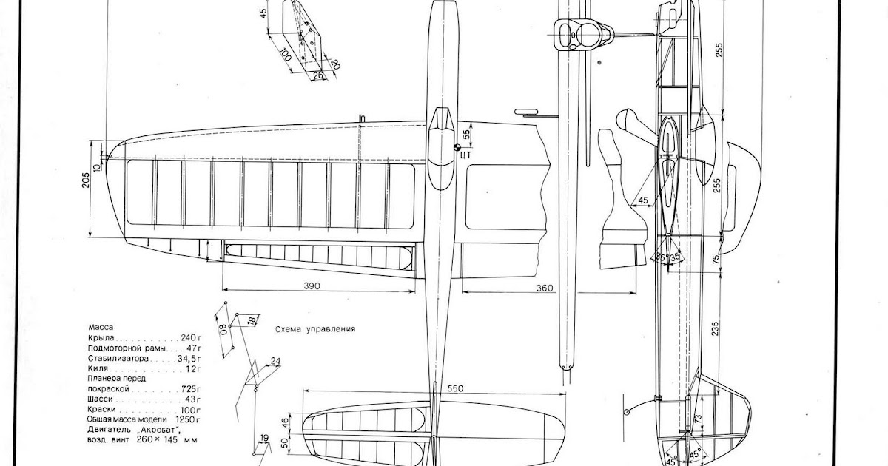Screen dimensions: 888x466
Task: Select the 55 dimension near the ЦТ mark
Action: pos(466,135)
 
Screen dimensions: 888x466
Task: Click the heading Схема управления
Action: pos(315,330)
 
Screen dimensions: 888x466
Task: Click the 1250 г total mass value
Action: pos(187,419)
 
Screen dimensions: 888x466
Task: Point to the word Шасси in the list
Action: pos(100,399)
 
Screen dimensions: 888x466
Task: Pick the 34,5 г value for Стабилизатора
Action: pos(186,357)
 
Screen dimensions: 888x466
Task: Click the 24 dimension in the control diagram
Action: pos(276,362)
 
